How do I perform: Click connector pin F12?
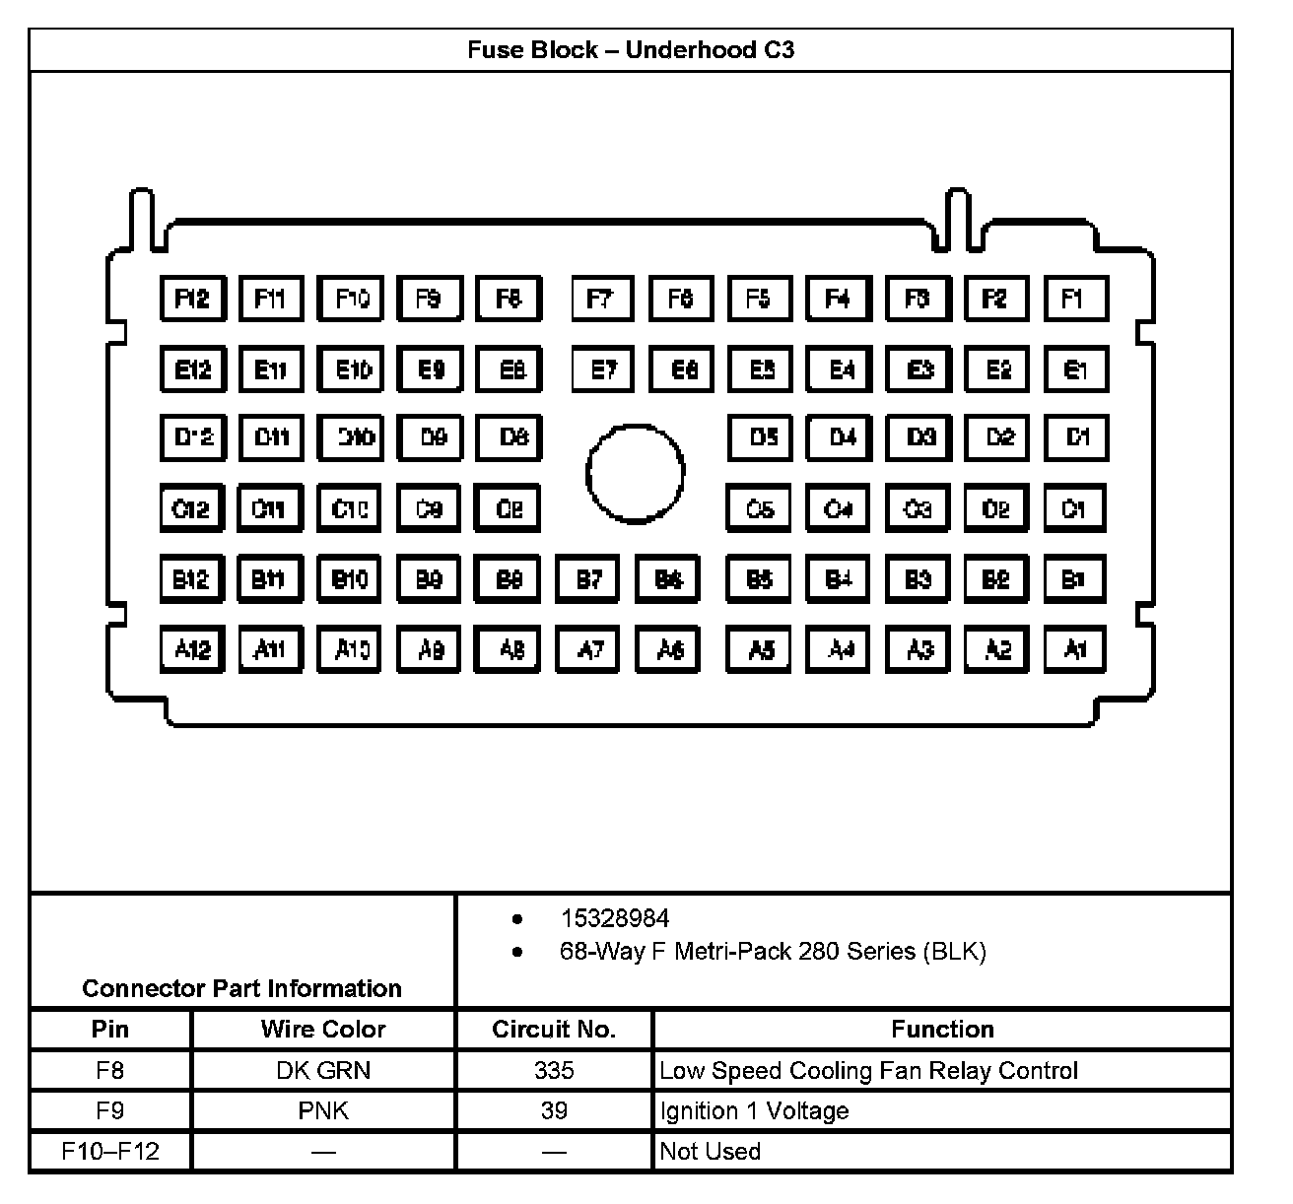coord(192,299)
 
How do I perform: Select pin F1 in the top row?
coord(1075,299)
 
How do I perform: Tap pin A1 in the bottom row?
coord(1075,649)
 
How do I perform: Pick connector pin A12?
coord(192,649)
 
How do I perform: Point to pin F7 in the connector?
coord(603,299)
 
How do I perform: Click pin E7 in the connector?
coord(603,369)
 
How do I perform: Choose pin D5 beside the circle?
coord(761,437)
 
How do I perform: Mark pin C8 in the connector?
coord(509,509)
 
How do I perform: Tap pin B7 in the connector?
coord(588,579)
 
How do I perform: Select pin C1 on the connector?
coord(1075,509)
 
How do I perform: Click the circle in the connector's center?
coord(635,473)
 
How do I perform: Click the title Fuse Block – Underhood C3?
coord(631,50)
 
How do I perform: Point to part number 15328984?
coord(615,918)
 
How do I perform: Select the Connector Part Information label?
coord(241,988)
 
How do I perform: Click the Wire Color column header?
coord(323,1030)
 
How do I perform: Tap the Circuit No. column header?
coord(554,1030)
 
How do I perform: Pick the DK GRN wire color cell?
coord(323,1071)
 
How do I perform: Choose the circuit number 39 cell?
coord(554,1111)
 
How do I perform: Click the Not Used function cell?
coord(710,1152)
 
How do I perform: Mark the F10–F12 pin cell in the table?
coord(110,1152)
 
